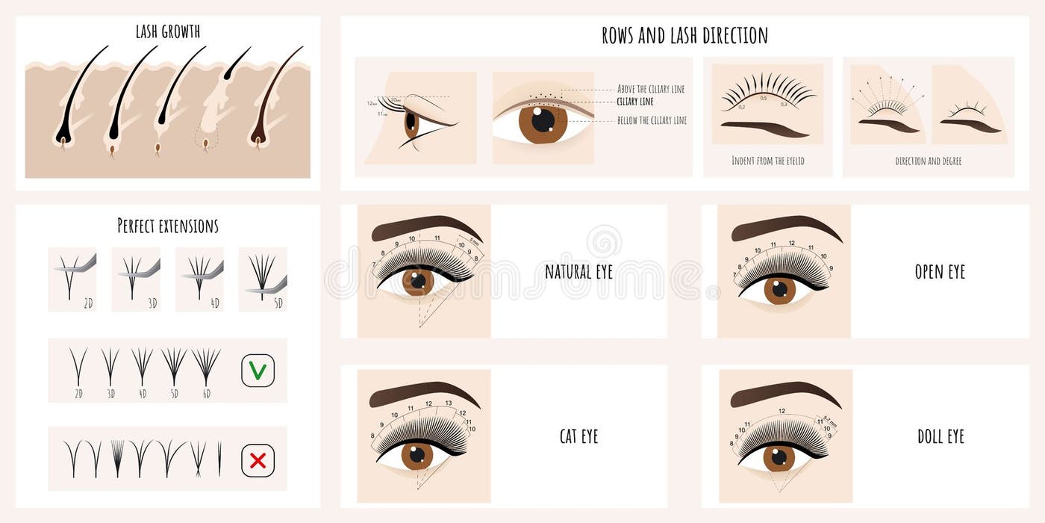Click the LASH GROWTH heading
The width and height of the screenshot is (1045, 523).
click(x=168, y=31)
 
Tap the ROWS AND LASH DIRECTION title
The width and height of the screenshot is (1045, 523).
click(x=684, y=35)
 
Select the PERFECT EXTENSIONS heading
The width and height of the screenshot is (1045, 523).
click(x=168, y=226)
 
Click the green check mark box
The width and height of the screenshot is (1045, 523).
click(x=258, y=371)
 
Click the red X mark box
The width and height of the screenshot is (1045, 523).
click(x=258, y=460)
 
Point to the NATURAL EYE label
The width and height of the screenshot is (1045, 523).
click(x=578, y=272)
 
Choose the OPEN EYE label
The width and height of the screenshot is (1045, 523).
click(x=940, y=272)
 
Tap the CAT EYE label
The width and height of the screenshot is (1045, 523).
click(x=578, y=436)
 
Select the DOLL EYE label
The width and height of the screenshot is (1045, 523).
click(x=940, y=436)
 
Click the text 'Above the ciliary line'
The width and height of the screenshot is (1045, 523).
click(x=650, y=89)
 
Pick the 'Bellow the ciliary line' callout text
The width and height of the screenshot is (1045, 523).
click(x=651, y=120)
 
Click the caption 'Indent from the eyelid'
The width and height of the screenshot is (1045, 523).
click(x=768, y=161)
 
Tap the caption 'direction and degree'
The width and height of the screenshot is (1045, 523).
click(x=928, y=161)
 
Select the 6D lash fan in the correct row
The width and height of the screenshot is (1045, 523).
click(x=205, y=365)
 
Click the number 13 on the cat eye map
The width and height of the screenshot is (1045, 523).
click(x=448, y=403)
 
